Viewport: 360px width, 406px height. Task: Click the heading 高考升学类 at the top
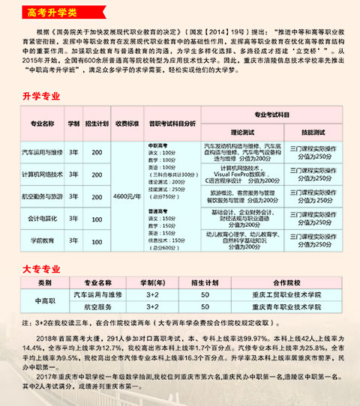click(x=47, y=11)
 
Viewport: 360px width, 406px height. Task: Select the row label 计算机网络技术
click(x=43, y=175)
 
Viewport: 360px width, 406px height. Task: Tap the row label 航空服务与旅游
click(x=43, y=196)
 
